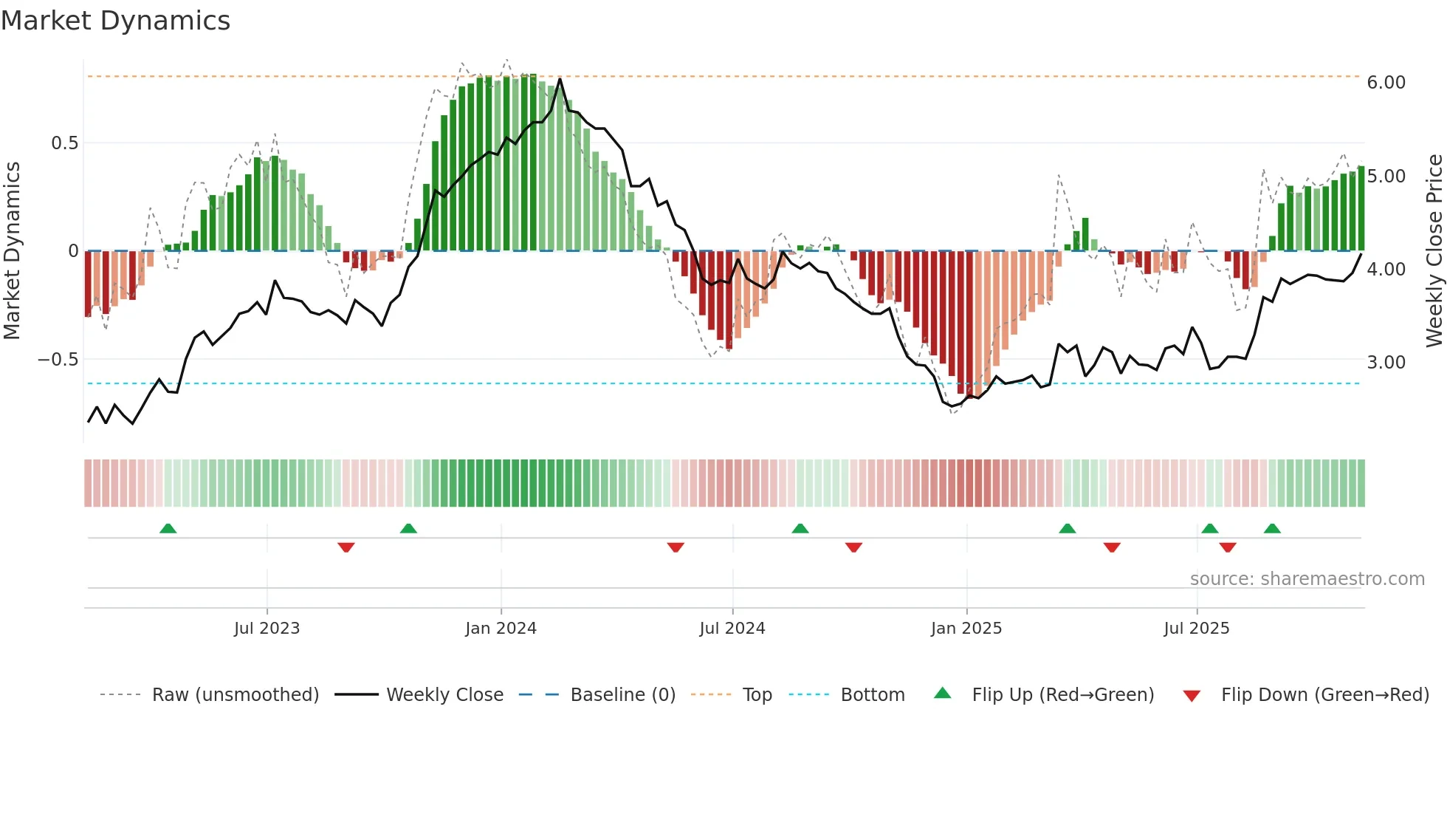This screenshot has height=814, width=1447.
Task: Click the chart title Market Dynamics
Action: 116,21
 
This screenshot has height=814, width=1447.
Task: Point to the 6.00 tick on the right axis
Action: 1386,83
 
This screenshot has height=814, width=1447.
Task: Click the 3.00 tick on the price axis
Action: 1386,363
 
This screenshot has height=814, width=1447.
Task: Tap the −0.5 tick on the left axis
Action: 58,360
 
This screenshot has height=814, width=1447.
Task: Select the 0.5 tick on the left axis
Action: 64,143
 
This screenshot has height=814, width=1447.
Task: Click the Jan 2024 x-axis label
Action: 501,629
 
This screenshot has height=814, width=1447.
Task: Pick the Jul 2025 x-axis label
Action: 1196,629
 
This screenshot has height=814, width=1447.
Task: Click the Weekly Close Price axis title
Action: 1434,251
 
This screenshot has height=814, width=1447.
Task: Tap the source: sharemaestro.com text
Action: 1307,579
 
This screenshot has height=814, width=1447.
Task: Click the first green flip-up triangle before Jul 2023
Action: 168,529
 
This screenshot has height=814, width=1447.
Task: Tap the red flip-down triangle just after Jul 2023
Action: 346,547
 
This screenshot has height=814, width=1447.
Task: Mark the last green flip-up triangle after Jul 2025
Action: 1272,529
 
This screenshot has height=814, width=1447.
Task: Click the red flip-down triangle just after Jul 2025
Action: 1228,547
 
